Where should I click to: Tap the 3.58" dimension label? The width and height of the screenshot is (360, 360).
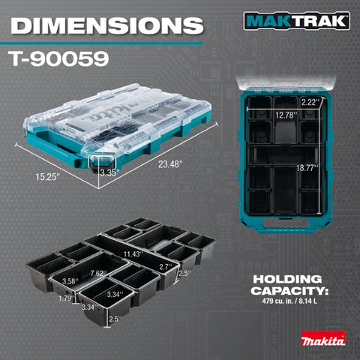(x=71, y=282)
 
